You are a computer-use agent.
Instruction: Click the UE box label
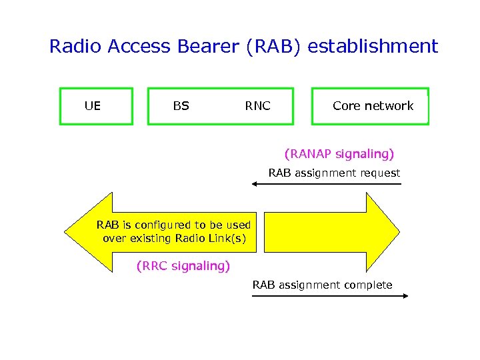point(93,105)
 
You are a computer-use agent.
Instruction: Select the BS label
point(181,105)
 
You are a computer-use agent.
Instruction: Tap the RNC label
point(257,105)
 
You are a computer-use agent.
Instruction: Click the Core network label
point(373,105)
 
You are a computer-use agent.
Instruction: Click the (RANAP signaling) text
point(339,154)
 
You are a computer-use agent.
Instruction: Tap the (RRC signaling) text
point(183,266)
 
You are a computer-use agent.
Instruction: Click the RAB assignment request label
point(334,173)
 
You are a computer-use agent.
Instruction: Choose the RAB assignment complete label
point(322,285)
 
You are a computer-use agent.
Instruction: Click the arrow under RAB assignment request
point(330,183)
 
